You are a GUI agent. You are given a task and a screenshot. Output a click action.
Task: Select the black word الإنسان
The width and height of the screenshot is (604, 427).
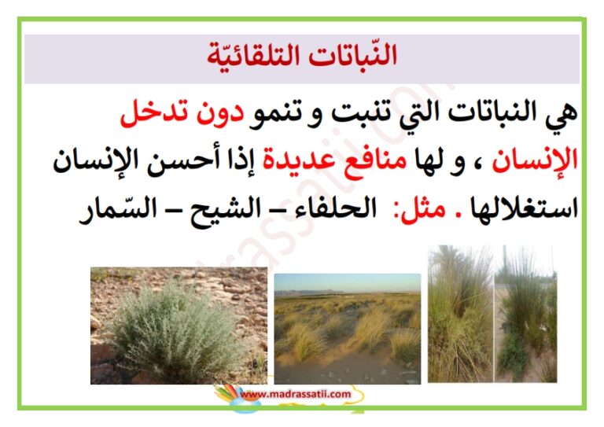point(95,159)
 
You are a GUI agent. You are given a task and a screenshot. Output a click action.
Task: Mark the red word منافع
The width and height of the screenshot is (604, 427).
point(371,160)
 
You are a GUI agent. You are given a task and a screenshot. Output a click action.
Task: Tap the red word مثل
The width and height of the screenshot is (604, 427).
point(420,210)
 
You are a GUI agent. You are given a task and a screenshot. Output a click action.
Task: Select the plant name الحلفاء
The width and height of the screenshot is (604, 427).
point(333,208)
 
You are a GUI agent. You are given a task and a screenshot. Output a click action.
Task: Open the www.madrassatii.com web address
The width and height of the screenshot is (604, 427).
point(296,394)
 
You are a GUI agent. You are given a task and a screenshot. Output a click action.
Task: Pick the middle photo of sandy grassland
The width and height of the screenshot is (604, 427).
point(348,329)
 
